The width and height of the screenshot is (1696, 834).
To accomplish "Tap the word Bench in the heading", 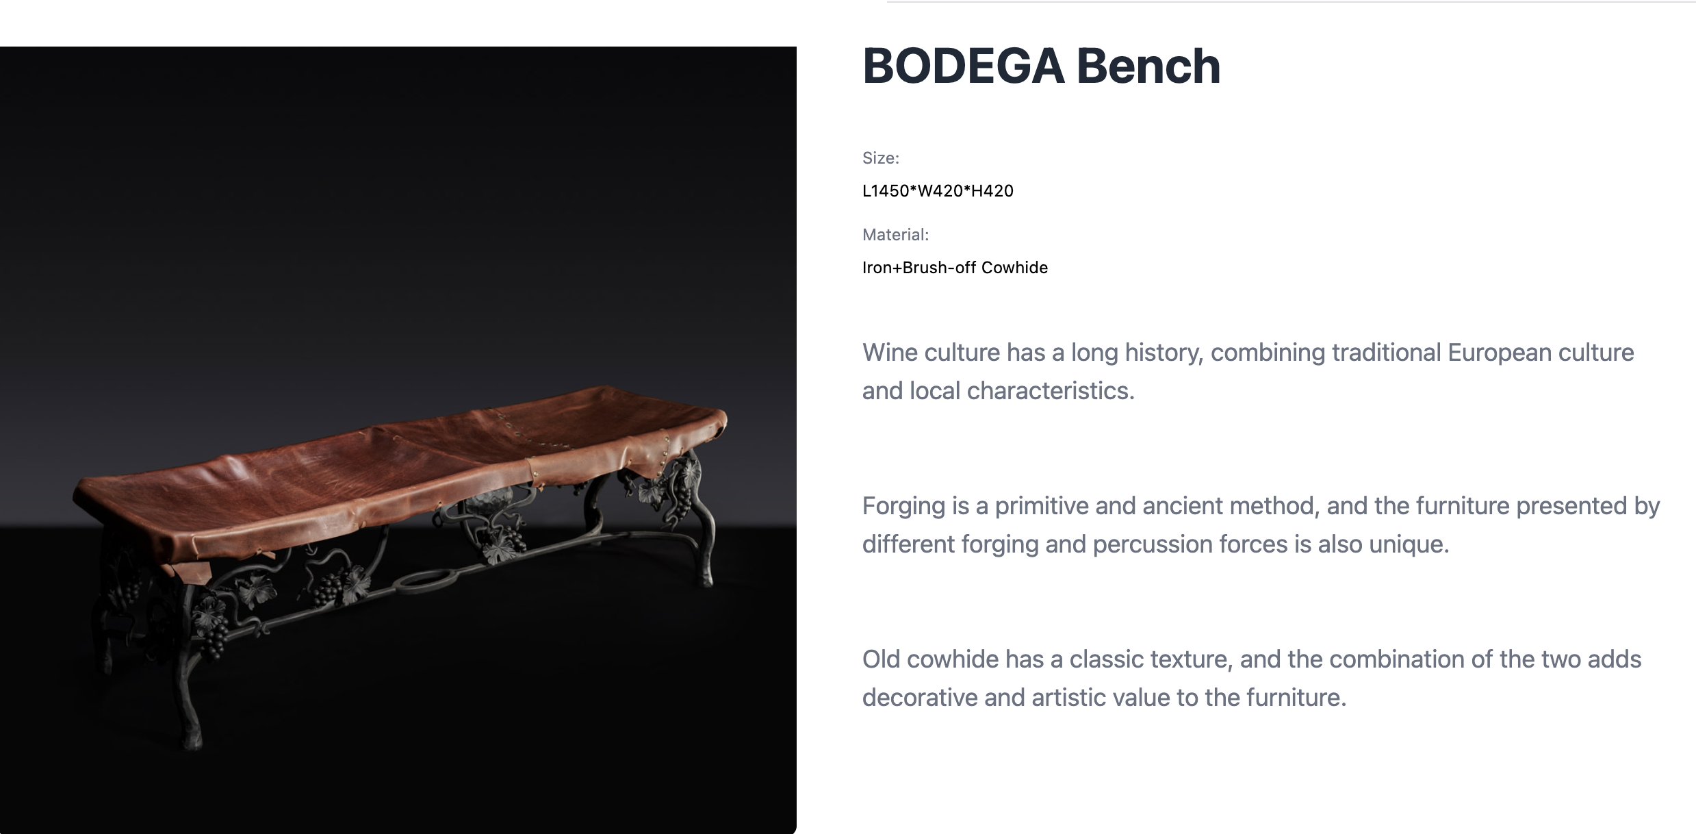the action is click(x=1148, y=66).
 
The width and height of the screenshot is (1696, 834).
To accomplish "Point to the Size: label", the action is click(x=881, y=158).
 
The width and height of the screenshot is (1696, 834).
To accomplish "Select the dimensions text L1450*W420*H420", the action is click(x=938, y=191).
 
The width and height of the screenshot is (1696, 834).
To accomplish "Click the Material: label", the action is click(x=896, y=235).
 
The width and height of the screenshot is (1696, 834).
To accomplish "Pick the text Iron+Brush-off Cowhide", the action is click(x=955, y=268).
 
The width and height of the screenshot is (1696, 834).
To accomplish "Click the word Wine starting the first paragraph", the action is click(x=890, y=353).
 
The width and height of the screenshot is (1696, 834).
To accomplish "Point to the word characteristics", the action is click(x=1051, y=391).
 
